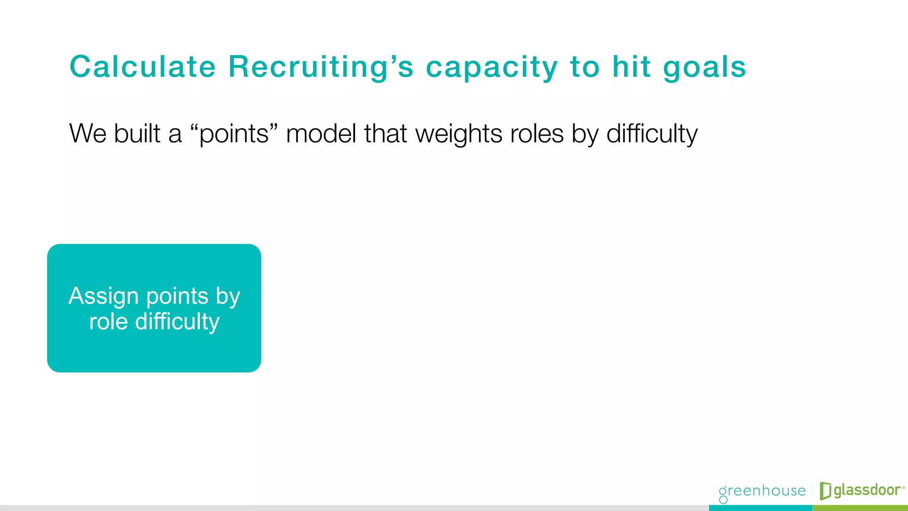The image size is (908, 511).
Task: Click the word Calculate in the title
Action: [143, 67]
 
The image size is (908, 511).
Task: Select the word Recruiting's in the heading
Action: [321, 67]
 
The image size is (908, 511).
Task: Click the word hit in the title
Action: [632, 67]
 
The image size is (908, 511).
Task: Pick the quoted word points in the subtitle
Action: [234, 134]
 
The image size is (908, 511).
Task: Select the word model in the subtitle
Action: [321, 134]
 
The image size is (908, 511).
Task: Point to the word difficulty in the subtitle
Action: [652, 134]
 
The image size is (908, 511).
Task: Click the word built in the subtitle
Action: [137, 134]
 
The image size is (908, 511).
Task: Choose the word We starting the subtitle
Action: [88, 134]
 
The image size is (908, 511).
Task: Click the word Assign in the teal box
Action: [104, 296]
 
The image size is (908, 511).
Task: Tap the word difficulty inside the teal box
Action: [177, 322]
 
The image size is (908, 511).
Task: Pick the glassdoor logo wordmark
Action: [867, 490]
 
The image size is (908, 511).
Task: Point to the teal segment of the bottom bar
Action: [760, 508]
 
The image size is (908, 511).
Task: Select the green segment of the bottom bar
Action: [860, 508]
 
